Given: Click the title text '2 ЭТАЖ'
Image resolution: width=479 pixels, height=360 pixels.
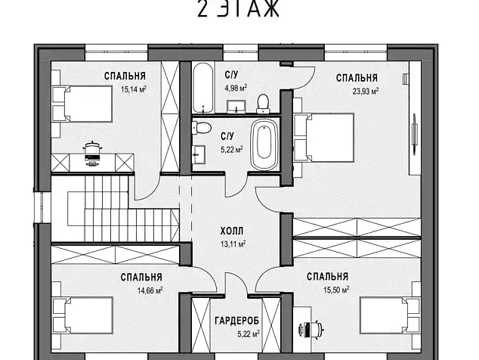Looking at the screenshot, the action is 238,8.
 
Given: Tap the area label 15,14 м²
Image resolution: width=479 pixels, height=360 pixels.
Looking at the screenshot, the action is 134,89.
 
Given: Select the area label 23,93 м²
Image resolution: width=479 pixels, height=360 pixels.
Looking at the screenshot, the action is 366,91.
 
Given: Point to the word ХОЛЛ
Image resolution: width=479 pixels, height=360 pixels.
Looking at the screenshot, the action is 232,231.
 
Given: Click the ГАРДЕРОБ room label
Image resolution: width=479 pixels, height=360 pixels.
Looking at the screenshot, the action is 236,321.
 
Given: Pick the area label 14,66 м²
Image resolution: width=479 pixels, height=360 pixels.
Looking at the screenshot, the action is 150,290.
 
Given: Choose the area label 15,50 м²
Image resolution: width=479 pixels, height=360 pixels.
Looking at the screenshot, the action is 336,290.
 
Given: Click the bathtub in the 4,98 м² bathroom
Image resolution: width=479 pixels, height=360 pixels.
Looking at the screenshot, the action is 202,88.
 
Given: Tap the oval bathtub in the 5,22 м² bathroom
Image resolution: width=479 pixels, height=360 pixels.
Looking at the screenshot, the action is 264,144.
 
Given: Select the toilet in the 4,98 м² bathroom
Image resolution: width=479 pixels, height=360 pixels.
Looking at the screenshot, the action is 263,104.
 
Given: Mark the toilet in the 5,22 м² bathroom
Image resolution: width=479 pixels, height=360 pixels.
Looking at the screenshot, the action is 201,127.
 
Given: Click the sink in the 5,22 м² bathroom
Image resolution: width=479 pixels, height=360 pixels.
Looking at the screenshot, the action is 199,154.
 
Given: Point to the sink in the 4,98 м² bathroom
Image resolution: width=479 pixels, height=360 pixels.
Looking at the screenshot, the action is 236,107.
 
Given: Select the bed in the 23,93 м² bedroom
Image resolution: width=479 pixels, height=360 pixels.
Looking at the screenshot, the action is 324,137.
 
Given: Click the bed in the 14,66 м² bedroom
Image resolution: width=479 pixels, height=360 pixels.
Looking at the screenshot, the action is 82,315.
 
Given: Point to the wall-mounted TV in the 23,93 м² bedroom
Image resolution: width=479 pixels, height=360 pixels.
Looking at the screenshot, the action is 415,132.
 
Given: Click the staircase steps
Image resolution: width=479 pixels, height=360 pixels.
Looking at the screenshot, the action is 122,209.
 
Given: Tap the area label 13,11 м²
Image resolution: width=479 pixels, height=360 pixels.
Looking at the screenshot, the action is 233,244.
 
